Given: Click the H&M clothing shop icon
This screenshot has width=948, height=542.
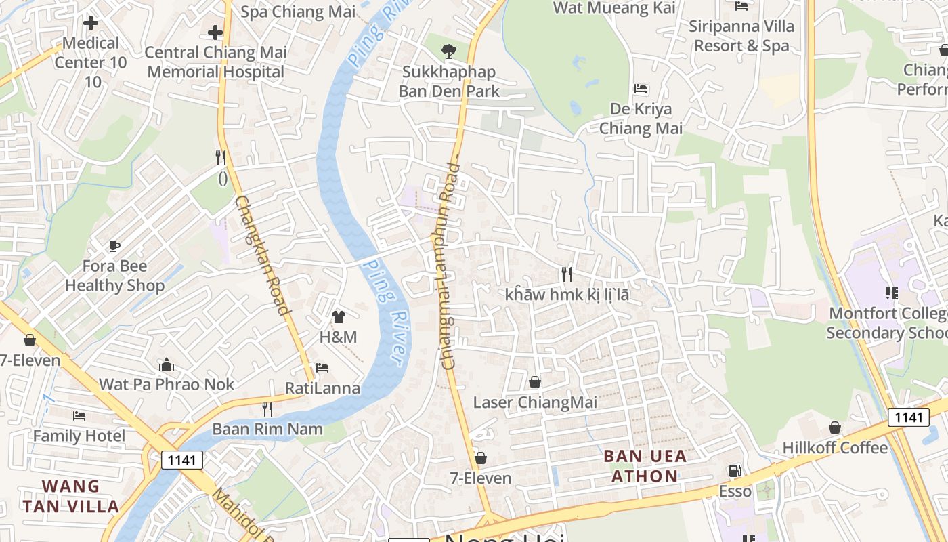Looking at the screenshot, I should click(339, 316).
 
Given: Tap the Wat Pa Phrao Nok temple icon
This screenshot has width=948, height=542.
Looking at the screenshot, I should click(167, 365).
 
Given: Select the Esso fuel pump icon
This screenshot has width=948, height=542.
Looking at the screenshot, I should click(735, 471).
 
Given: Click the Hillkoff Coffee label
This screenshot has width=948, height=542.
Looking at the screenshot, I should click(835, 448).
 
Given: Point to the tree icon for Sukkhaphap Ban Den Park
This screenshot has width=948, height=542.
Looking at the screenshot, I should click(448, 50).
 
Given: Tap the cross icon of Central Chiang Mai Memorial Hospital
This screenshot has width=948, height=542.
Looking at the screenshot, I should click(215, 32).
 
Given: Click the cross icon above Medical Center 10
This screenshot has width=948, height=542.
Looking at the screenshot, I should click(90, 24).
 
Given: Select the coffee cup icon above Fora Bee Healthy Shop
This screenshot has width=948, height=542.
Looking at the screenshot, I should click(114, 246).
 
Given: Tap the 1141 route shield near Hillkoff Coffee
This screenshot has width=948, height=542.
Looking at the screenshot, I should click(908, 417).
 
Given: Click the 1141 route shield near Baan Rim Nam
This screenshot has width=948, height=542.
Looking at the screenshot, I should click(182, 461).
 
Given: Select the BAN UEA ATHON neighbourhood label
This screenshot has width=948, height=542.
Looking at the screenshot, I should click(645, 466).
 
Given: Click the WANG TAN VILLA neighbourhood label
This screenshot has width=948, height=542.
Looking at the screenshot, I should click(70, 496).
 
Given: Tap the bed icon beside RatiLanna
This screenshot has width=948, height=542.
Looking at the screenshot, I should click(322, 368).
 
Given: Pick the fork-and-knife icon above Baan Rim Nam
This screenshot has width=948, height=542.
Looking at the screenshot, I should click(267, 409).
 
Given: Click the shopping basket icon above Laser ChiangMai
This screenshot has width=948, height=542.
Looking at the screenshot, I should click(535, 383).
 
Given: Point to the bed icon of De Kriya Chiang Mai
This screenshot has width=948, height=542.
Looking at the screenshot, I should click(641, 89).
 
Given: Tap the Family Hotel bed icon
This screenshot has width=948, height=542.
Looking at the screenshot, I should click(79, 415).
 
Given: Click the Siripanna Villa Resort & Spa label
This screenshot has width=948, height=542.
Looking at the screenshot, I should click(741, 36).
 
